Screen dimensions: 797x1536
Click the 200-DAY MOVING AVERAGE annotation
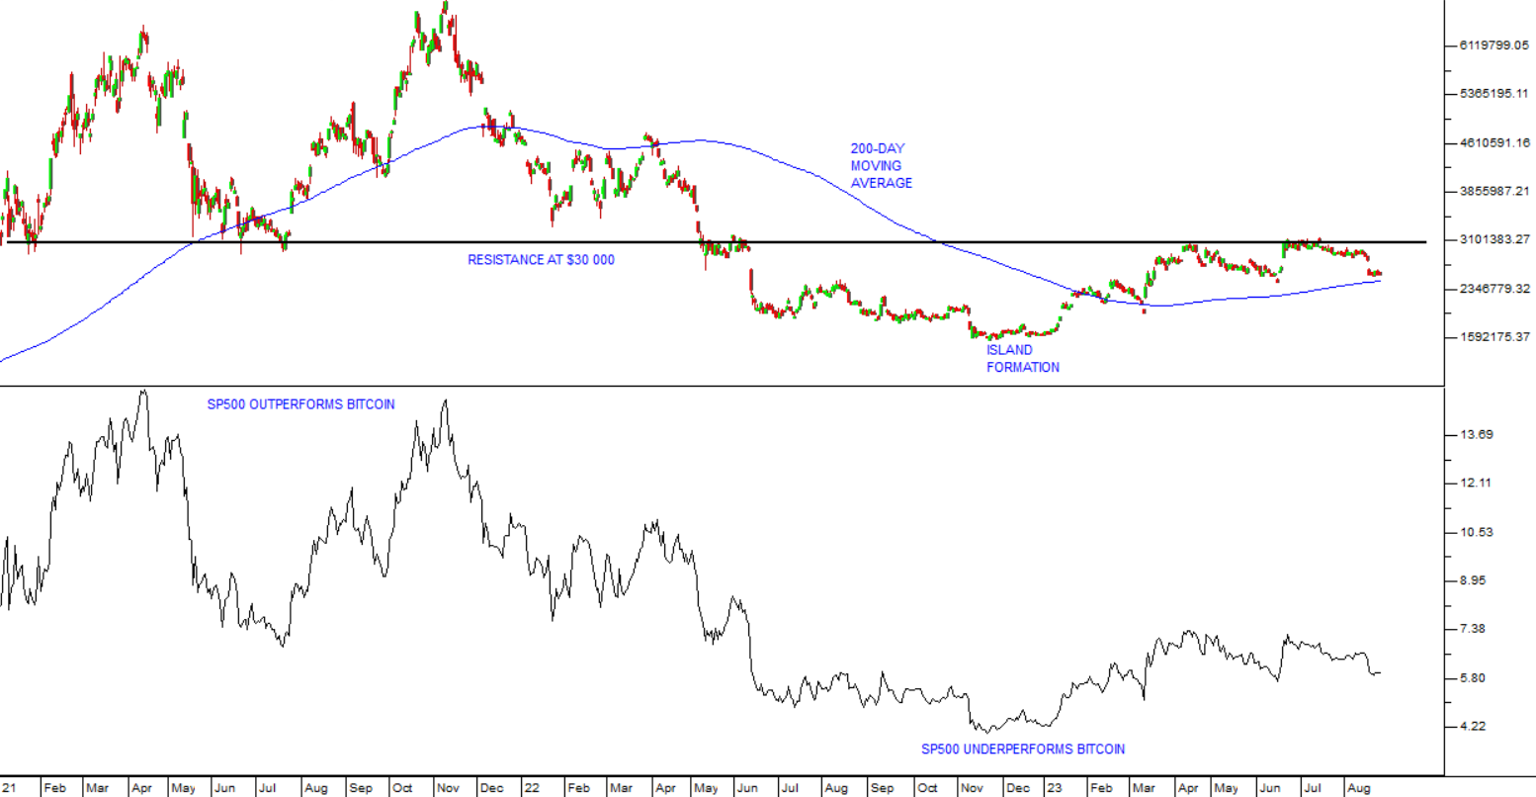point(881,166)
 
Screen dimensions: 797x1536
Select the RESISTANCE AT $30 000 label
point(541,260)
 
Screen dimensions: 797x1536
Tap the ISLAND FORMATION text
point(1022,358)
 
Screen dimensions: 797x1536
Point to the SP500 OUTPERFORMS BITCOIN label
point(300,404)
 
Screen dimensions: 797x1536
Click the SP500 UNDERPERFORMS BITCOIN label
point(1022,749)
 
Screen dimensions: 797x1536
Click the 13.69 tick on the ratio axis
point(1476,435)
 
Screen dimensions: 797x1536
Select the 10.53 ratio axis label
point(1476,533)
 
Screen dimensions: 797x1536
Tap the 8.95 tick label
point(1473,580)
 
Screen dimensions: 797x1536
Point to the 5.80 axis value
point(1473,678)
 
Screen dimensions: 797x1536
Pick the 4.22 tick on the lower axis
point(1473,727)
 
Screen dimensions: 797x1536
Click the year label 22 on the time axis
point(533,788)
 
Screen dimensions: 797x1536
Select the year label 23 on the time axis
point(1056,788)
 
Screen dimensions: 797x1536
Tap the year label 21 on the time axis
point(9,788)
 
